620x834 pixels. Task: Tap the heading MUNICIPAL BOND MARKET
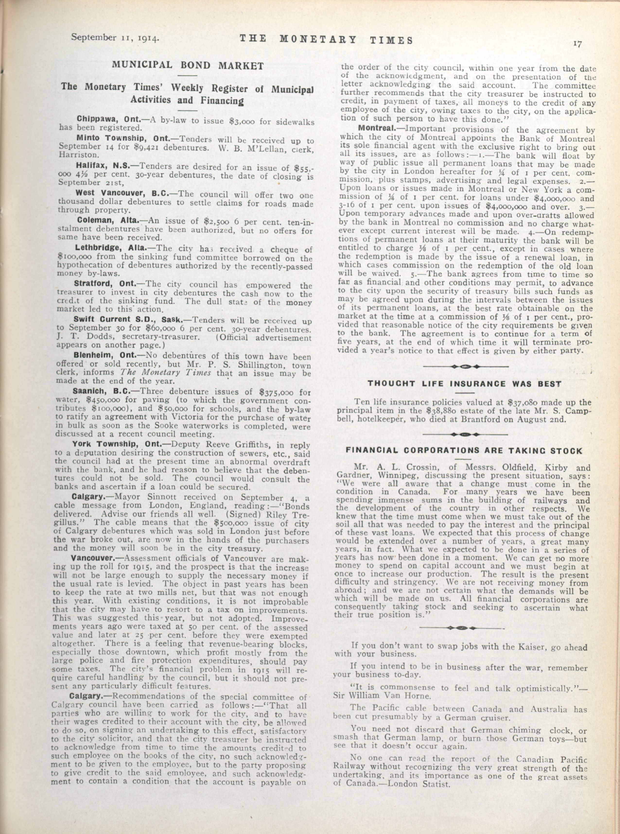(x=188, y=65)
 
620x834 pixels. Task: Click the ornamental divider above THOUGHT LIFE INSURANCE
(x=465, y=366)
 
